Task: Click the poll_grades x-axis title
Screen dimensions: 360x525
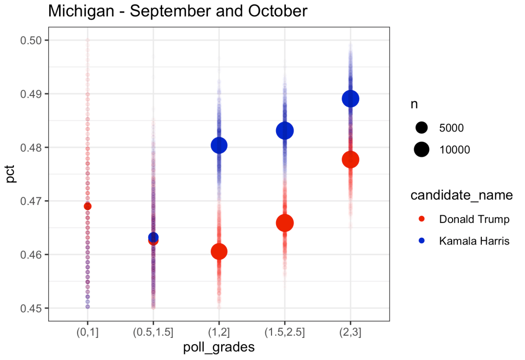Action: [x=219, y=348]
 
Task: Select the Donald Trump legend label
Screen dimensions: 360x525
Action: [x=474, y=219]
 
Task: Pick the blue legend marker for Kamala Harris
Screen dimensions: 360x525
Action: [x=422, y=241]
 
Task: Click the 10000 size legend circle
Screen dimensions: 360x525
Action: [x=422, y=149]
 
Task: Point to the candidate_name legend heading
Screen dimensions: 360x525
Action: [x=461, y=196]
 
